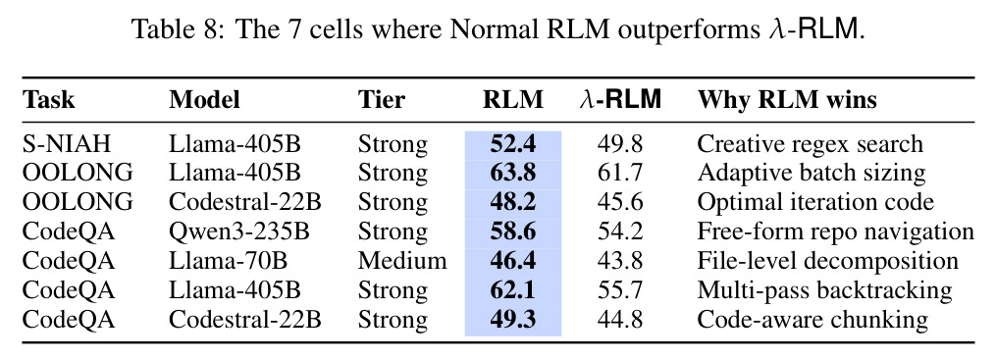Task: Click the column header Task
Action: [48, 100]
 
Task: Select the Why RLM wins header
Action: [787, 100]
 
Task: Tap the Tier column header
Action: [381, 100]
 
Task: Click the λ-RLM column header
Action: [620, 100]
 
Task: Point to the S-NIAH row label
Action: [66, 144]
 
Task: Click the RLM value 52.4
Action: [512, 144]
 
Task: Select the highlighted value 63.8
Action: [512, 173]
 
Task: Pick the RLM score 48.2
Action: [512, 202]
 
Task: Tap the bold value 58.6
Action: [512, 231]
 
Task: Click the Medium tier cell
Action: [402, 261]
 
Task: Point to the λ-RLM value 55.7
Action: [620, 290]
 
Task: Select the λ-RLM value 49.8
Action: [620, 144]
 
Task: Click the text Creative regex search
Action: [810, 145]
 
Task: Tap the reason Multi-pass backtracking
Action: [824, 290]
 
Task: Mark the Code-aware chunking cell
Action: [813, 320]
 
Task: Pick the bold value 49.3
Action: [512, 320]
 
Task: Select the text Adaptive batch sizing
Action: [812, 174]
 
